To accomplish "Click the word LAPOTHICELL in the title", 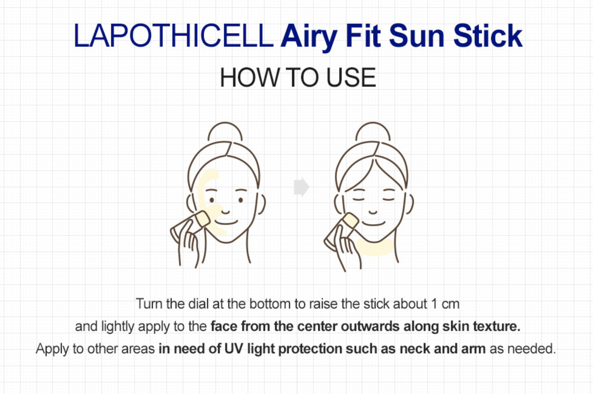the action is (x=174, y=36).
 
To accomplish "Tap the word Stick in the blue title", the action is (x=488, y=36).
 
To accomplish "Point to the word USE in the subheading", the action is (x=351, y=78).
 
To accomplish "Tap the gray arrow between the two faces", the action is (x=301, y=187).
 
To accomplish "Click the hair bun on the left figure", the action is (x=225, y=131).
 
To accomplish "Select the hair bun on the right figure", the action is (x=373, y=131).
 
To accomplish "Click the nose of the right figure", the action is (x=373, y=212).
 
